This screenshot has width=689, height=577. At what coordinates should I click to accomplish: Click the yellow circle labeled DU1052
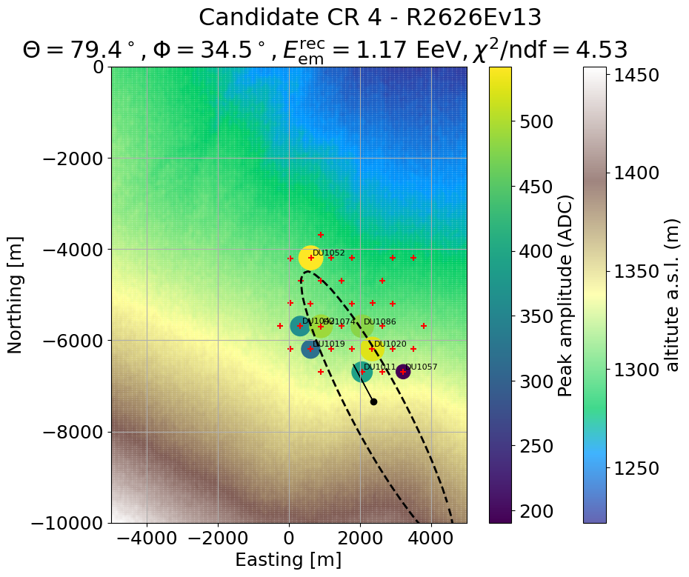click(x=310, y=258)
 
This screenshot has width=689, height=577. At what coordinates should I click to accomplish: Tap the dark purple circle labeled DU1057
click(x=402, y=371)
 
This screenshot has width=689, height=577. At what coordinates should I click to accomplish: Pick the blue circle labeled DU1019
click(x=310, y=349)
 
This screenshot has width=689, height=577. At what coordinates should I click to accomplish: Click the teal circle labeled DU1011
click(x=362, y=372)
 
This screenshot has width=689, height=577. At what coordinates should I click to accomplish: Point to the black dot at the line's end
click(x=374, y=401)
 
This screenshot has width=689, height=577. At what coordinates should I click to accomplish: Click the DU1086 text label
click(x=379, y=322)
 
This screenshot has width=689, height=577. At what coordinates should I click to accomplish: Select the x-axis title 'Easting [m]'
click(x=289, y=560)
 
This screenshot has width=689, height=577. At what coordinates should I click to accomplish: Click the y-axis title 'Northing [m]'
click(x=15, y=295)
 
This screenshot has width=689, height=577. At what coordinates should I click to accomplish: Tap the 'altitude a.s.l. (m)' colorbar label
click(x=671, y=295)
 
